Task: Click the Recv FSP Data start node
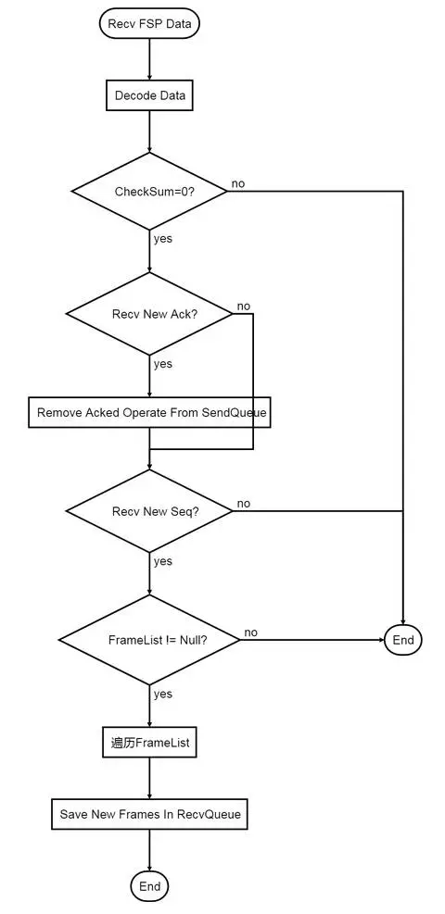click(149, 24)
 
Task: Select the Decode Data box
click(149, 95)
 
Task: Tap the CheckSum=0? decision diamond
click(149, 191)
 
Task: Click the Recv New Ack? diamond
click(149, 314)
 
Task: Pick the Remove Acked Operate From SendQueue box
click(149, 413)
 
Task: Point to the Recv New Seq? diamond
click(149, 511)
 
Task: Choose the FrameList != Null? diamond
click(149, 640)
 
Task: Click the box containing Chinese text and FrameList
click(149, 744)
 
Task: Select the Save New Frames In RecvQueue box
click(149, 814)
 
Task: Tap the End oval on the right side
click(403, 640)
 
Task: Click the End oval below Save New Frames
click(149, 886)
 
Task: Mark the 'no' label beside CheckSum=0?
click(238, 183)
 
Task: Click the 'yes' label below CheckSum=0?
click(163, 239)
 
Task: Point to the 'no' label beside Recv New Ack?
click(243, 306)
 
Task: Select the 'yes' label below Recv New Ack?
click(163, 364)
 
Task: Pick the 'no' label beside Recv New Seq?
click(243, 504)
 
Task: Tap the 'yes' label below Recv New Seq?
click(163, 561)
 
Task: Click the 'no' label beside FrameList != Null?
click(251, 632)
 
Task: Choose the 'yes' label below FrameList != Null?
click(163, 694)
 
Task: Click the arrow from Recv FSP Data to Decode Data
click(149, 60)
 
